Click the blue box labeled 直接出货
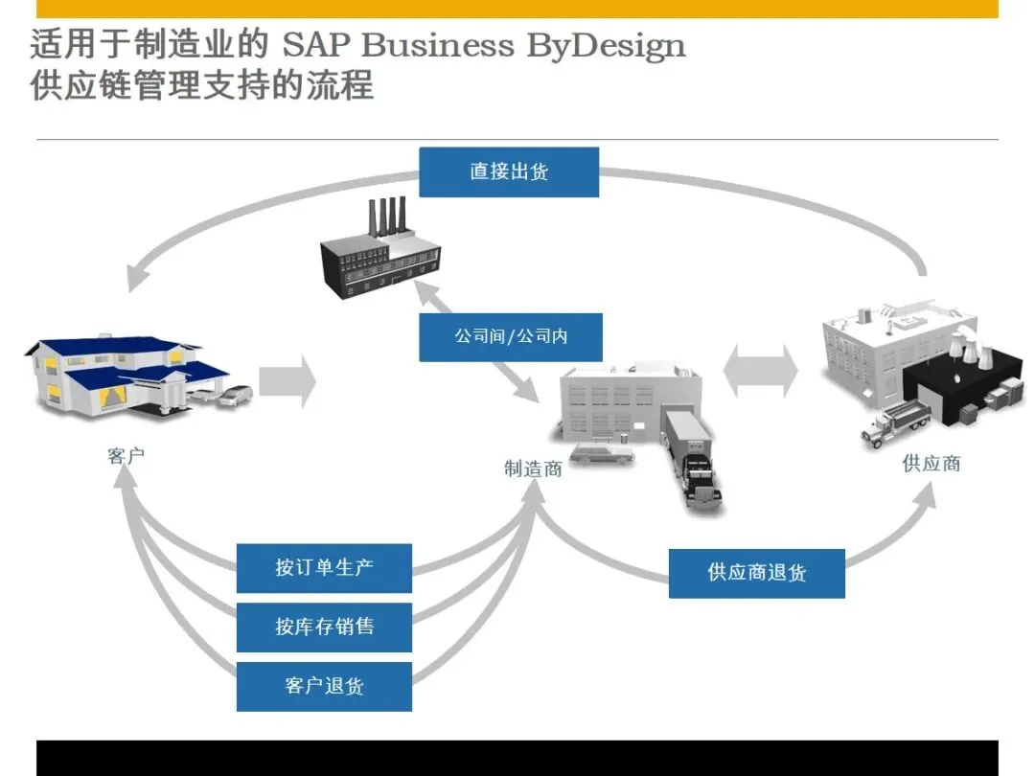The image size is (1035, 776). [x=509, y=172]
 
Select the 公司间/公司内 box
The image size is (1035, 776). [x=510, y=337]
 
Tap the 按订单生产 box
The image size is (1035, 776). [x=324, y=568]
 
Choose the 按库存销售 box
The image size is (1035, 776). [x=324, y=627]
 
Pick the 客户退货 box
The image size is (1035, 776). [x=324, y=686]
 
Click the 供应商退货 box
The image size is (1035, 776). [x=756, y=573]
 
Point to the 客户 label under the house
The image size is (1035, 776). [x=126, y=455]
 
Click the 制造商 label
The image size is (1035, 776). [x=533, y=468]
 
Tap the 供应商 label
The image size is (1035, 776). [x=931, y=464]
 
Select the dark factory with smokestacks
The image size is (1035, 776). [x=379, y=251]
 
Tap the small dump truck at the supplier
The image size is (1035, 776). [x=896, y=422]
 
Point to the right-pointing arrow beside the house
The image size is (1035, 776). [x=287, y=381]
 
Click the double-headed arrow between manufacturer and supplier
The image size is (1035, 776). [x=760, y=371]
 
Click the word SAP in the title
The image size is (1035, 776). [x=315, y=45]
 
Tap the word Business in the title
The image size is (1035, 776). [x=437, y=45]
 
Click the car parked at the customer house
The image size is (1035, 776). [x=235, y=395]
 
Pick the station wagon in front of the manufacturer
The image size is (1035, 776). [x=601, y=454]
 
